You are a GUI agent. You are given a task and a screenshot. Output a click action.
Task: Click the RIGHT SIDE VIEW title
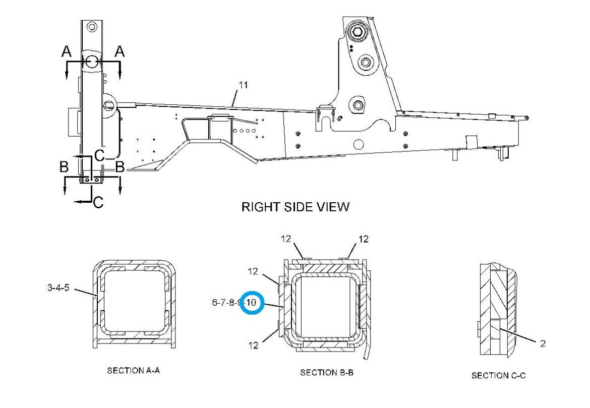(296, 207)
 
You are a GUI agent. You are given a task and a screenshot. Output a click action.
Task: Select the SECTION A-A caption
(133, 370)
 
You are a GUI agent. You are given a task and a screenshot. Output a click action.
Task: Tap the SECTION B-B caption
(327, 373)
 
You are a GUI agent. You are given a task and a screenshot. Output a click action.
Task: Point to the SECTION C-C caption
(498, 375)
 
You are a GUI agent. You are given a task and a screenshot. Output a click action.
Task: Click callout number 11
(244, 85)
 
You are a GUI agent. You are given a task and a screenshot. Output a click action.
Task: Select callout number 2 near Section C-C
(543, 343)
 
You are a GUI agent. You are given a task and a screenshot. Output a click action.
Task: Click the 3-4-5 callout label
(58, 288)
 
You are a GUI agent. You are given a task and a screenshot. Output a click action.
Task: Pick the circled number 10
(251, 302)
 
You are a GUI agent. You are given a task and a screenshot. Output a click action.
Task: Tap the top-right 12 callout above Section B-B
(364, 239)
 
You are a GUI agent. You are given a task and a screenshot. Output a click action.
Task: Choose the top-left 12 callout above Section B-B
(286, 239)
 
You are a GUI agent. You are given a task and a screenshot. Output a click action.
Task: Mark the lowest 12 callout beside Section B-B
(253, 345)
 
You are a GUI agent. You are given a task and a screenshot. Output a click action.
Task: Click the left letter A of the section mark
(67, 51)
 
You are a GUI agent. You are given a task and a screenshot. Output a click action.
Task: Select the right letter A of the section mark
(120, 51)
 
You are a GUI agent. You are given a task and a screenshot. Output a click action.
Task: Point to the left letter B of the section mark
(64, 167)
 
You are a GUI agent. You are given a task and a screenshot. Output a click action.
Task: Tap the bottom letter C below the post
(98, 203)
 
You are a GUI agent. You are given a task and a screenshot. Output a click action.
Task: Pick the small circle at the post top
(91, 27)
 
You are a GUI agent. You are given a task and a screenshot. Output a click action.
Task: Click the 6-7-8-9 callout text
(226, 302)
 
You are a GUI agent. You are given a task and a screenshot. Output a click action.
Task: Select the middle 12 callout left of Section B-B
(253, 271)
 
